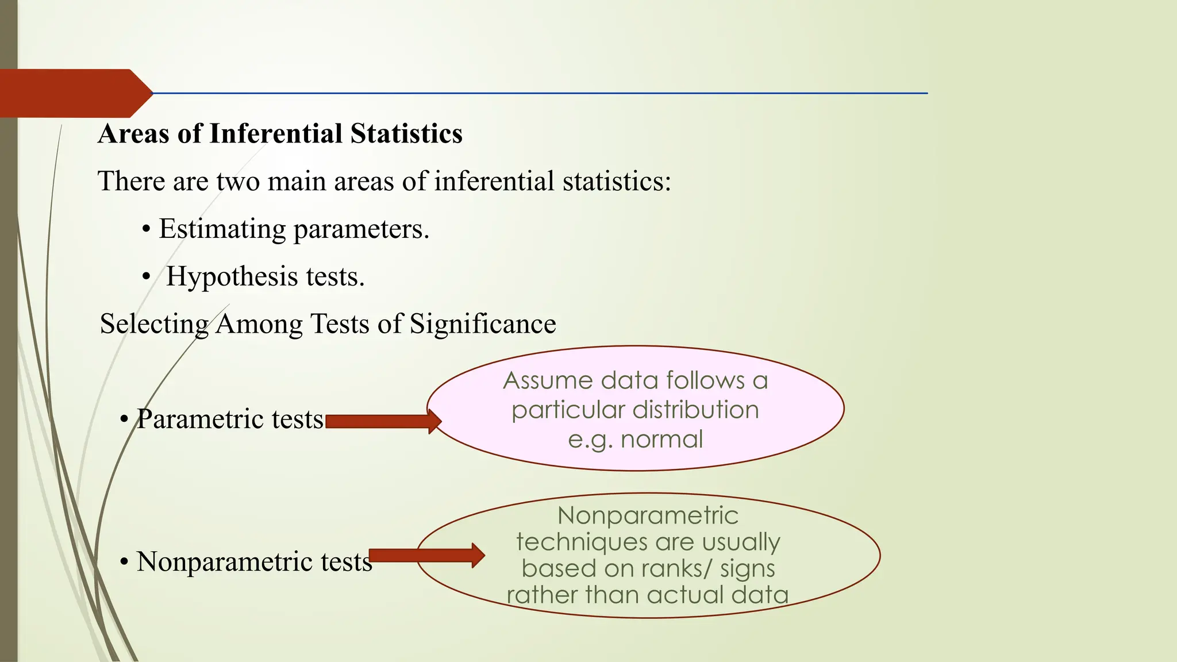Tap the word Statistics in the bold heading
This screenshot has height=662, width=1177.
coord(406,134)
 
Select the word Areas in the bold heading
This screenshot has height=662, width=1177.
coord(134,134)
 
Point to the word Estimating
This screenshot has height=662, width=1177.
coord(222,229)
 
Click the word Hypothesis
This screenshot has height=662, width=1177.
coord(232,276)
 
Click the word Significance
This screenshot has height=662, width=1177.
coord(483,324)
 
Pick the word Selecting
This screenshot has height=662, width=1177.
coord(154,324)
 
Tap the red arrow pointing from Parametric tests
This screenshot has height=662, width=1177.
coord(383,422)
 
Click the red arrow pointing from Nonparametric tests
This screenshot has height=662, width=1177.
coord(426,556)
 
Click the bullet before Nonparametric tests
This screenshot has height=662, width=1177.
coord(124,562)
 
